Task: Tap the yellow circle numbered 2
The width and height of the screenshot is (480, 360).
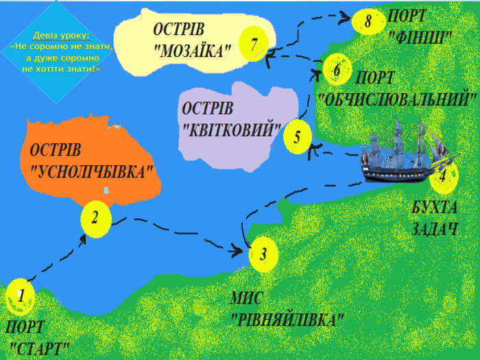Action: (x=95, y=219)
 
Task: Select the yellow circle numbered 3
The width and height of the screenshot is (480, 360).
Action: (x=264, y=254)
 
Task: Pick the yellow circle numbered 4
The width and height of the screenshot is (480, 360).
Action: (x=443, y=176)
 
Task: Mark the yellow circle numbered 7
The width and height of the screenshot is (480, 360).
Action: (x=254, y=45)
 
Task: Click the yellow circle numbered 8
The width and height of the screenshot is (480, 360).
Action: (x=368, y=21)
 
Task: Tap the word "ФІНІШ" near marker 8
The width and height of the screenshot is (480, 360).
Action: (x=420, y=35)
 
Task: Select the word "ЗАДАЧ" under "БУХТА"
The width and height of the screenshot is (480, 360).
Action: (x=434, y=229)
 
